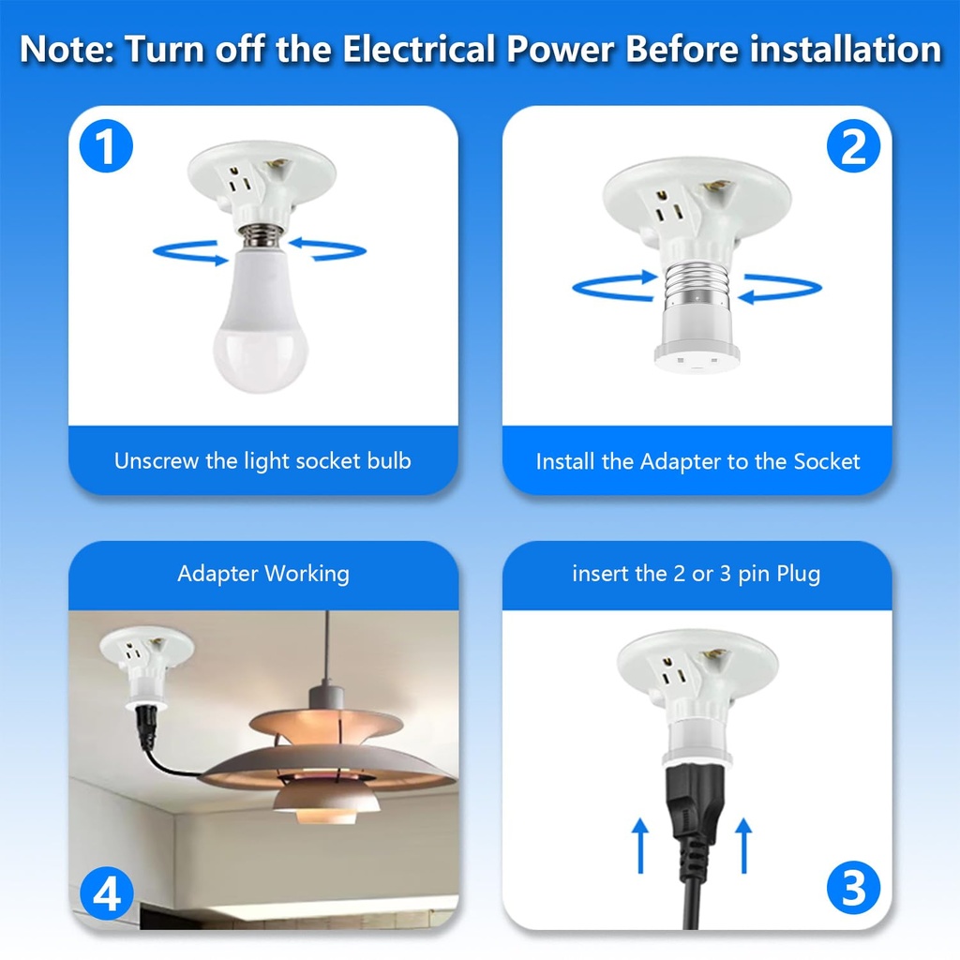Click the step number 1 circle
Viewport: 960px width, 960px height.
(107, 148)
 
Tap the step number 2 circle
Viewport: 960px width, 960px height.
(853, 148)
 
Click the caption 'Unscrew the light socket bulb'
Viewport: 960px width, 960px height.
(262, 460)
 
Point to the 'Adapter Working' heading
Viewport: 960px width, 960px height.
(263, 574)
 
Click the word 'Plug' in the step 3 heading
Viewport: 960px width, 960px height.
(798, 574)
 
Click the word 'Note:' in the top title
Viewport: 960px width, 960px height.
(67, 49)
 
